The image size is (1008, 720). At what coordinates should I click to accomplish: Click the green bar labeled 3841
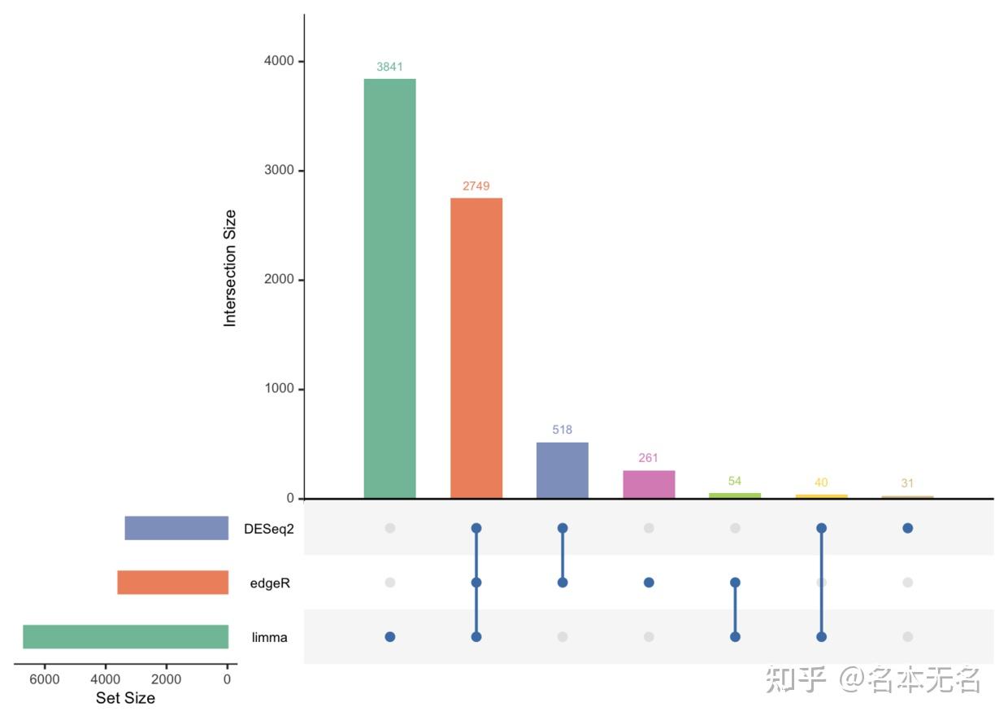pyautogui.click(x=389, y=288)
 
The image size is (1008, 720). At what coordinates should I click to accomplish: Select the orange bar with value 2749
pyautogui.click(x=476, y=348)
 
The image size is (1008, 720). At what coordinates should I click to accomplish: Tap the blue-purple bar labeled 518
pyautogui.click(x=563, y=470)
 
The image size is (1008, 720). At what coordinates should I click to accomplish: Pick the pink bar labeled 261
pyautogui.click(x=649, y=484)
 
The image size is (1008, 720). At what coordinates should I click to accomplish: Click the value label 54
pyautogui.click(x=735, y=481)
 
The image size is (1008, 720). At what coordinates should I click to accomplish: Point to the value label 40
pyautogui.click(x=821, y=482)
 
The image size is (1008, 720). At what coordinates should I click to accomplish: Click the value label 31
pyautogui.click(x=907, y=483)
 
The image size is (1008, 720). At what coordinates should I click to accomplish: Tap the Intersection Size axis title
pyautogui.click(x=230, y=268)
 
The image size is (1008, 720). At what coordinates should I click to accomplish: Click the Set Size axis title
pyautogui.click(x=125, y=698)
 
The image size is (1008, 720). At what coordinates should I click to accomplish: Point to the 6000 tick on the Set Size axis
pyautogui.click(x=45, y=680)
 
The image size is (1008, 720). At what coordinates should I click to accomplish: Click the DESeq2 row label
pyautogui.click(x=269, y=529)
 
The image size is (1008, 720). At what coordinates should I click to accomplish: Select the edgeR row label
pyautogui.click(x=270, y=583)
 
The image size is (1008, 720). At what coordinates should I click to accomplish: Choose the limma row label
pyautogui.click(x=270, y=638)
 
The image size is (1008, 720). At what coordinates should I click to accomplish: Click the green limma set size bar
pyautogui.click(x=125, y=637)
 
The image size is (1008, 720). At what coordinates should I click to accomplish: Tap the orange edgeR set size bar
pyautogui.click(x=172, y=583)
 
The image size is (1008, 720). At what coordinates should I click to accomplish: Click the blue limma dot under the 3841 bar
pyautogui.click(x=390, y=637)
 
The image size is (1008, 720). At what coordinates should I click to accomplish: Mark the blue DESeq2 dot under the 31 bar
pyautogui.click(x=907, y=528)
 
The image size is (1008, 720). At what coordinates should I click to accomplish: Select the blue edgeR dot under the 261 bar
pyautogui.click(x=649, y=583)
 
